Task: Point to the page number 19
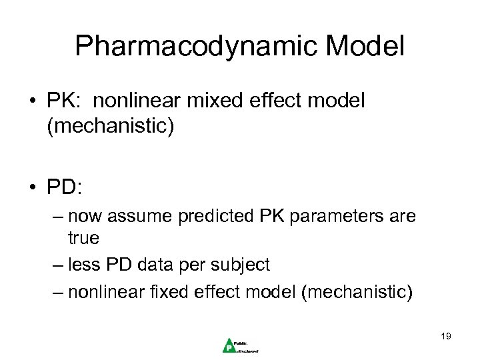[445, 336]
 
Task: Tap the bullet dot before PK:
[33, 102]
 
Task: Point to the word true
[83, 237]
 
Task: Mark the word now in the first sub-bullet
[85, 216]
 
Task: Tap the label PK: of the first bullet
[64, 101]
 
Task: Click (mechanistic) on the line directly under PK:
[110, 126]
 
